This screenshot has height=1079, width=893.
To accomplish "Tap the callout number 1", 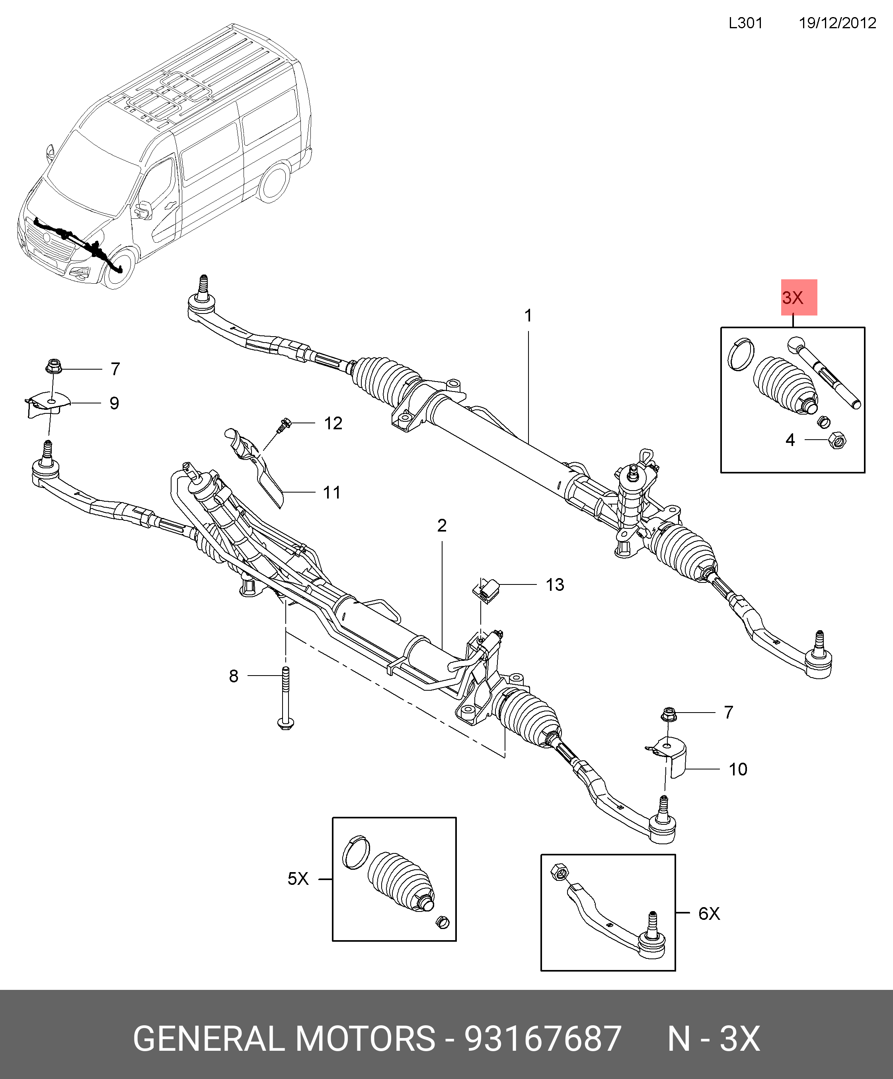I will click(x=528, y=316).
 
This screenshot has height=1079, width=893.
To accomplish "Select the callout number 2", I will click(x=442, y=525).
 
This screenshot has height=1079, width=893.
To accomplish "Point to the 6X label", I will click(x=709, y=913).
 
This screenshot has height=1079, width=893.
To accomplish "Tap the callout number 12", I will click(x=333, y=423).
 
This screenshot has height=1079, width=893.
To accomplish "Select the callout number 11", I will click(x=332, y=492).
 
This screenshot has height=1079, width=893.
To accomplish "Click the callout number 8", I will click(x=234, y=676).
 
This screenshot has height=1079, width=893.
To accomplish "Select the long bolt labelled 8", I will click(x=285, y=699).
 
